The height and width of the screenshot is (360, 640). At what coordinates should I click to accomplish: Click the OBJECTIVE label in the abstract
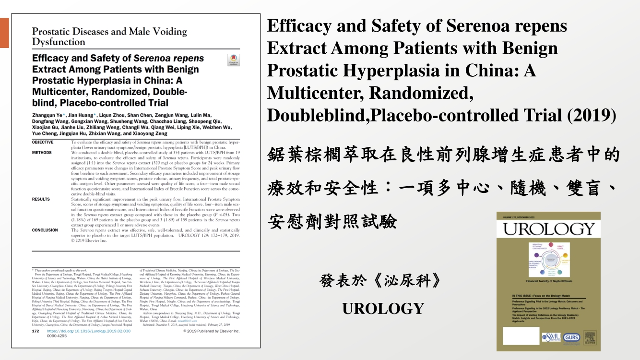[x=43, y=143]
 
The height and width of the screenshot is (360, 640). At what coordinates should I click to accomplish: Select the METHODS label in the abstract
[x=42, y=152]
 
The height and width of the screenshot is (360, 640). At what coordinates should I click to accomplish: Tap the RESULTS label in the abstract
[x=41, y=199]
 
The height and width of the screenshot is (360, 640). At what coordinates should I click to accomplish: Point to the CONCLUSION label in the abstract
[x=45, y=230]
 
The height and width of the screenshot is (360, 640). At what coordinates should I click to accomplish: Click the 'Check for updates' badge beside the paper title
[x=234, y=60]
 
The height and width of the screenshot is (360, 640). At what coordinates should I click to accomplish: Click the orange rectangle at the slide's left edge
[x=4, y=33]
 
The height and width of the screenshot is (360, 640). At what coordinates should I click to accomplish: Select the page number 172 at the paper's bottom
[x=35, y=331]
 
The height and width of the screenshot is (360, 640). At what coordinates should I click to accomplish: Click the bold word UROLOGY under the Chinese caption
[x=383, y=308]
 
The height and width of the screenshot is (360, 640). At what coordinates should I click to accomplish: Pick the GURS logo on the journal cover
[x=572, y=337]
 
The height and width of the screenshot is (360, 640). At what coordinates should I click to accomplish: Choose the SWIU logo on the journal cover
[x=551, y=337]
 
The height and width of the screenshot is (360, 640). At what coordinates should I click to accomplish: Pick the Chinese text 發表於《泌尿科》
[x=380, y=281]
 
